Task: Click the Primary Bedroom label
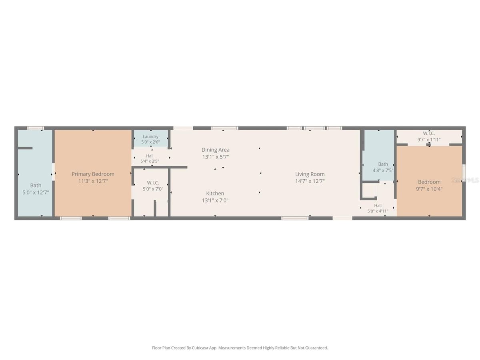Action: [93, 174]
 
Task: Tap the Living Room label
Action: [310, 174]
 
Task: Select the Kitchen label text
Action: [215, 194]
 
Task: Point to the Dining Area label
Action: [215, 150]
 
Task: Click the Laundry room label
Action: [150, 137]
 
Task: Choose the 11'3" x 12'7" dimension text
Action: [93, 181]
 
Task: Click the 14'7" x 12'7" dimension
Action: [310, 181]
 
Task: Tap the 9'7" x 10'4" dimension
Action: [429, 189]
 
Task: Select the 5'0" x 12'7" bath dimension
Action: [36, 192]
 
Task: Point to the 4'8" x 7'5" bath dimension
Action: [383, 170]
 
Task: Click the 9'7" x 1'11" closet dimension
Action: [429, 140]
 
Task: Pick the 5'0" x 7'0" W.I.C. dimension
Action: [153, 189]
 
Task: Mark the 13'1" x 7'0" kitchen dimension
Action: [215, 200]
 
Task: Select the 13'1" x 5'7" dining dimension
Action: [215, 157]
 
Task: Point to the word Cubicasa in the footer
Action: [200, 348]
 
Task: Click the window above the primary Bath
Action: [36, 128]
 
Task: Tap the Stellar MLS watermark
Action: [465, 180]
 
